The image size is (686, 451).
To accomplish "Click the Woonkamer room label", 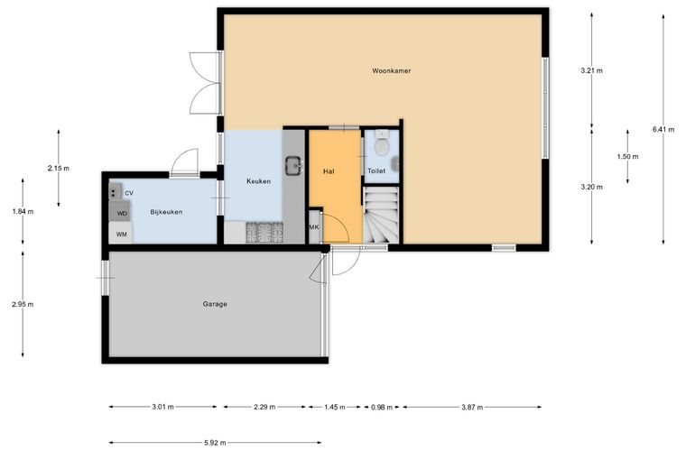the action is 391,70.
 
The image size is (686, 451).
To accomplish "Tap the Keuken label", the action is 258,181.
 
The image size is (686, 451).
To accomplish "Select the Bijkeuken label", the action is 166,212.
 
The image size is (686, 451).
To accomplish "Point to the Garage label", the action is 215,304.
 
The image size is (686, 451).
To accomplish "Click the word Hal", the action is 329,171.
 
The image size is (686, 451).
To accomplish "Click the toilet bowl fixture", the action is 382,144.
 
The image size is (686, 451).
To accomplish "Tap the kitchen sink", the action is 294,166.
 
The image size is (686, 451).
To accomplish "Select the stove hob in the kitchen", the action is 264,233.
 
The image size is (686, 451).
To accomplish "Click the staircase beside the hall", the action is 382,215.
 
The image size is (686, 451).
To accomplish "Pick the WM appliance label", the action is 121,235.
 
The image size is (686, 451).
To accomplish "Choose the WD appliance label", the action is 122,214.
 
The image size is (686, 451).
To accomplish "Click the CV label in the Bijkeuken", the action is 129,193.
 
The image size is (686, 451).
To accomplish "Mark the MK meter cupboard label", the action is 314,227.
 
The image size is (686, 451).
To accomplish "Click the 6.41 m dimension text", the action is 663,129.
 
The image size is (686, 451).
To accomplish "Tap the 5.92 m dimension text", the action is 215,443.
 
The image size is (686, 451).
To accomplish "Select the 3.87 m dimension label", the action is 472,408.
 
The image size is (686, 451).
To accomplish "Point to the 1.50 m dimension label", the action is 628,156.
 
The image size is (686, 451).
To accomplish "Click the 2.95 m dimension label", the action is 23,304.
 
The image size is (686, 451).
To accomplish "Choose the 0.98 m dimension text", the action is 382,408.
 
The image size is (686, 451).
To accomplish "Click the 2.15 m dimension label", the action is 59,169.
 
